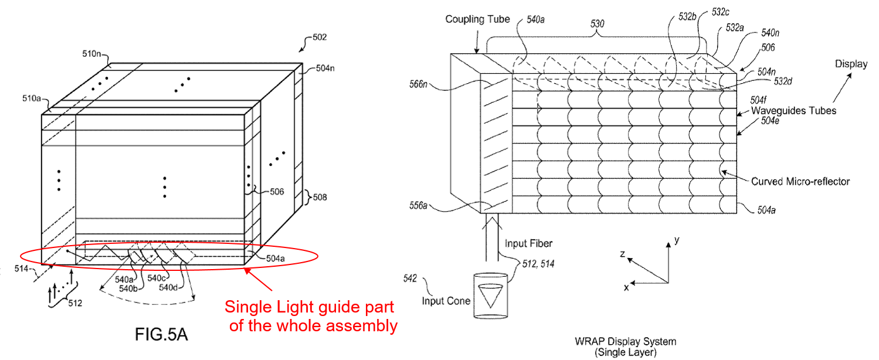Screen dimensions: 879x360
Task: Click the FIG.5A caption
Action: tap(161, 334)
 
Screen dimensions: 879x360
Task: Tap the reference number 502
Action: tap(320, 38)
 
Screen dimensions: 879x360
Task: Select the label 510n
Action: tap(91, 53)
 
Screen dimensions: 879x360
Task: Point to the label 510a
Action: tap(32, 98)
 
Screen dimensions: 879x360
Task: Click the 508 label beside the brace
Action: tap(320, 197)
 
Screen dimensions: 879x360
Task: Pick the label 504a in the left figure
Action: tap(276, 259)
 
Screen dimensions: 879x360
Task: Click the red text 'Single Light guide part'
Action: tap(309, 307)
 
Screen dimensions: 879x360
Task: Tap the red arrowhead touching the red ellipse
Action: tap(247, 271)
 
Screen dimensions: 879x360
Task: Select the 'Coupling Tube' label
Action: tap(477, 19)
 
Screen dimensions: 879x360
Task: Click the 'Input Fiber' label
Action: tap(528, 243)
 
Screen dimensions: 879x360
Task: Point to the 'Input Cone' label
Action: tap(446, 301)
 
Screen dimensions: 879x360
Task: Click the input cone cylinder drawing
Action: tap(490, 296)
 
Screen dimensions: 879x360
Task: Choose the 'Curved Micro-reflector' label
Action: tap(800, 182)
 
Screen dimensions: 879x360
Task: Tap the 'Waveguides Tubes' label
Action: tap(793, 111)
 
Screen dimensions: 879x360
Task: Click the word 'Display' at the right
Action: tap(851, 64)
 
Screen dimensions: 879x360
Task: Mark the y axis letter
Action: tap(677, 240)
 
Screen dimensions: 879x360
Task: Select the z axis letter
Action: tap(622, 254)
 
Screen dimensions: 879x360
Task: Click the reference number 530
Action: tap(597, 23)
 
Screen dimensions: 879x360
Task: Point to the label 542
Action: tap(410, 279)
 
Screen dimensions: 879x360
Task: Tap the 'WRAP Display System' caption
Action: tap(626, 341)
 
